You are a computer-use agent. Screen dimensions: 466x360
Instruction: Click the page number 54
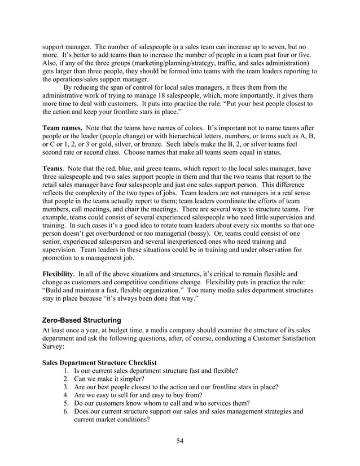pyautogui.click(x=179, y=441)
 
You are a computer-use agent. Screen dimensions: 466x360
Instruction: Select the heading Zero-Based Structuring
pyautogui.click(x=84, y=320)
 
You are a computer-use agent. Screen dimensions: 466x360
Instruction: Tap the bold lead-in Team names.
pyautogui.click(x=62, y=128)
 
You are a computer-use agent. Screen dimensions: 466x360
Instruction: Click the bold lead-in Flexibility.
pyautogui.click(x=59, y=273)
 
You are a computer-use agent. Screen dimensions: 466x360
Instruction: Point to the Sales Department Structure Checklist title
pyautogui.click(x=99, y=362)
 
